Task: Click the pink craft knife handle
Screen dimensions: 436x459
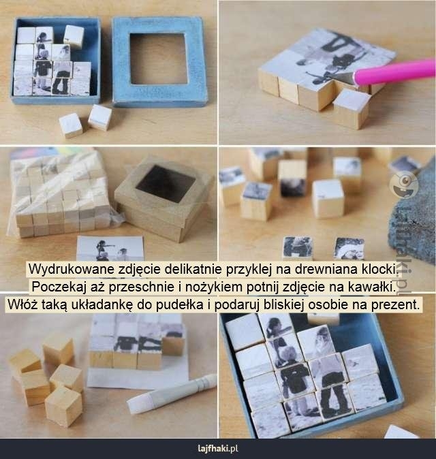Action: tap(395, 72)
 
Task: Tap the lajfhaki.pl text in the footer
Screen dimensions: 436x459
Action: tap(218, 449)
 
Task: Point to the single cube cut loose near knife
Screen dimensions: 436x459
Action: tap(351, 108)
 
